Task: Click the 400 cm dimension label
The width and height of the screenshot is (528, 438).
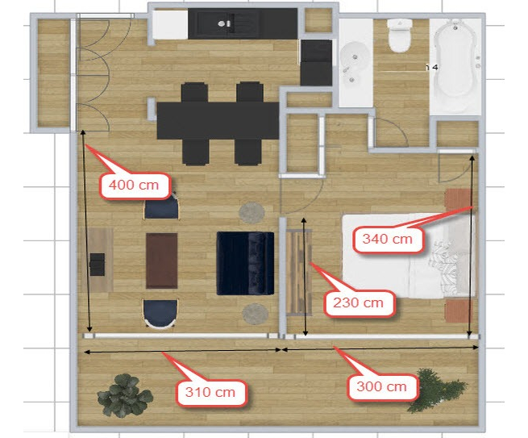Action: (x=135, y=185)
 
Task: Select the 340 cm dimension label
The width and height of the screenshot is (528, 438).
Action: (x=387, y=238)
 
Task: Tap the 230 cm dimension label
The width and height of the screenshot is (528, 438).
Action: (x=359, y=303)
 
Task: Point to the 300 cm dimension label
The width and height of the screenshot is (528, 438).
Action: (x=382, y=386)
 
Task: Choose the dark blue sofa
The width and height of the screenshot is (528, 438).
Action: (x=245, y=262)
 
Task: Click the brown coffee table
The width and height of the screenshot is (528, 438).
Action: (x=161, y=261)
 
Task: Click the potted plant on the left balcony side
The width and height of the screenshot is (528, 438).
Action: (x=125, y=394)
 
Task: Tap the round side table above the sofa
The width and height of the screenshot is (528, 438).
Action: (x=252, y=212)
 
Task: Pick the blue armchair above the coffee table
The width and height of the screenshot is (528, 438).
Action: (x=160, y=208)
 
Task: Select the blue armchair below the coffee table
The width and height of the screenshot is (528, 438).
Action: (x=160, y=312)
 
